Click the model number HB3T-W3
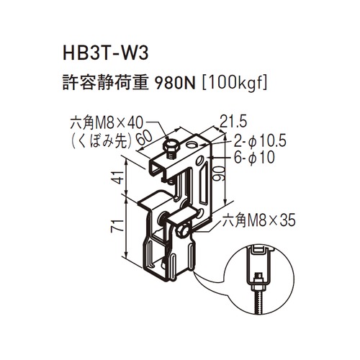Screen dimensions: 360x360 106,53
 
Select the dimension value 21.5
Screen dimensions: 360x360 233,122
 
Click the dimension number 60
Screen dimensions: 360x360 144,138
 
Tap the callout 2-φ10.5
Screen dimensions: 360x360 260,141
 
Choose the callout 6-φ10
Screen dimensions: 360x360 254,158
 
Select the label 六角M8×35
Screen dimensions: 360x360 258,220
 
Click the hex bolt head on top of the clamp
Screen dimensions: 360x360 170,146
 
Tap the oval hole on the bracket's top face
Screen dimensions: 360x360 192,145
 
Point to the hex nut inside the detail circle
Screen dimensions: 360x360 258,285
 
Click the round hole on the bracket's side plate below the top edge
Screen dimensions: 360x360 199,161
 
